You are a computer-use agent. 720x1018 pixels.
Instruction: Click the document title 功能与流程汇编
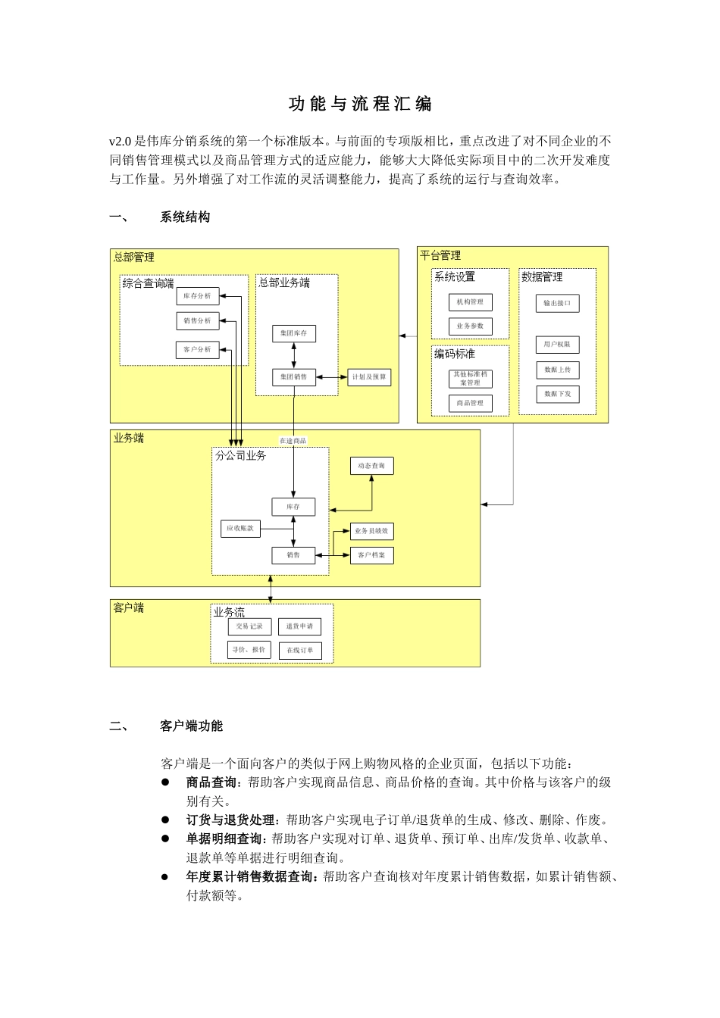click(x=360, y=105)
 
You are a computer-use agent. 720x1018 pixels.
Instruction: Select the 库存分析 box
click(x=197, y=296)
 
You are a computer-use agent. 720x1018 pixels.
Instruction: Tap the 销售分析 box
click(x=197, y=321)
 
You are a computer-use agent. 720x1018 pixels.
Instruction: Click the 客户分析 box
click(x=197, y=350)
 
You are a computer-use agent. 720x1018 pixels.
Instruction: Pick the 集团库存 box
click(x=293, y=333)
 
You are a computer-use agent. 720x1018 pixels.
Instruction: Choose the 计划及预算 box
click(x=369, y=377)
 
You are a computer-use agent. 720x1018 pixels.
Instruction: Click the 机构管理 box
click(x=470, y=302)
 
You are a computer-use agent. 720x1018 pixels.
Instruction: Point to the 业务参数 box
click(x=470, y=326)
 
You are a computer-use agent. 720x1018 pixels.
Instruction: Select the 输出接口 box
click(x=557, y=303)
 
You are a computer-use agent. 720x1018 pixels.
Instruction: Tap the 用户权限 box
click(x=557, y=345)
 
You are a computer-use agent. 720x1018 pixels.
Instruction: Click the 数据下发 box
click(x=557, y=394)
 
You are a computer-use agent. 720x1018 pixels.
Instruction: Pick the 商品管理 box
click(x=470, y=404)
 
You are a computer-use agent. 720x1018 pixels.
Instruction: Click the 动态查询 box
click(x=371, y=466)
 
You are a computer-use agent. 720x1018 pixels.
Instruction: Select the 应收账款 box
click(x=239, y=529)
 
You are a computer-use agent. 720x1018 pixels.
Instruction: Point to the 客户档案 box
click(x=371, y=555)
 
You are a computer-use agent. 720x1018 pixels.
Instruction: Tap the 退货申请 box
click(x=299, y=626)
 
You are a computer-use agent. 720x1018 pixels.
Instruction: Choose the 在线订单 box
click(x=299, y=651)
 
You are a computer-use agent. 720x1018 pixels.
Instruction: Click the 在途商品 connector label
click(x=293, y=441)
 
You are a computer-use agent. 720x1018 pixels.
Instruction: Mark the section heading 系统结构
click(x=185, y=217)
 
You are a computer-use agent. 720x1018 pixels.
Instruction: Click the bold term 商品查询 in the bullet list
click(x=211, y=782)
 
